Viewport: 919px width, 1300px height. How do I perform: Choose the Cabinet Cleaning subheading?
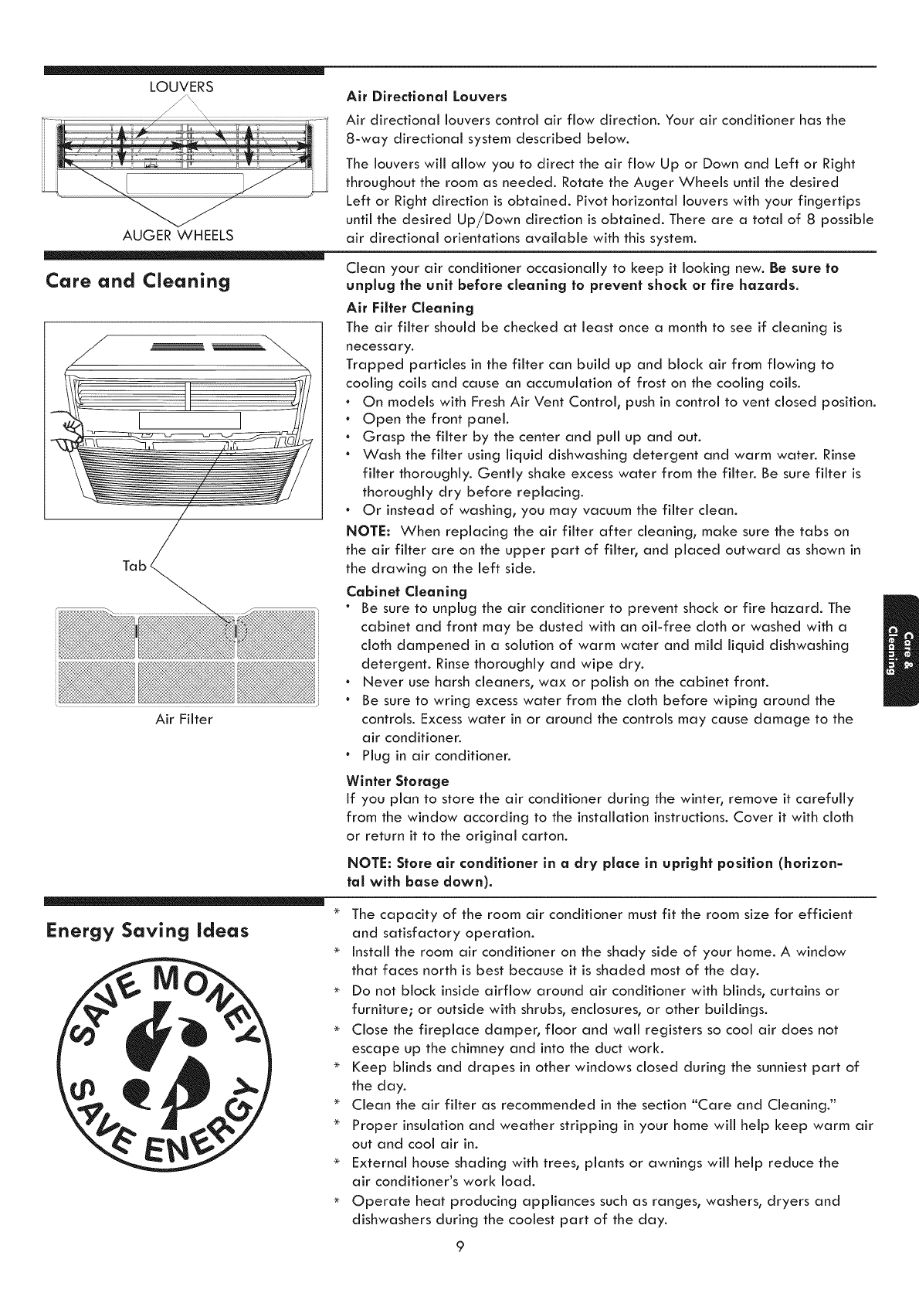pos(407,592)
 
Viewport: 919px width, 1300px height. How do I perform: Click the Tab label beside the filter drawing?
pos(134,566)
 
